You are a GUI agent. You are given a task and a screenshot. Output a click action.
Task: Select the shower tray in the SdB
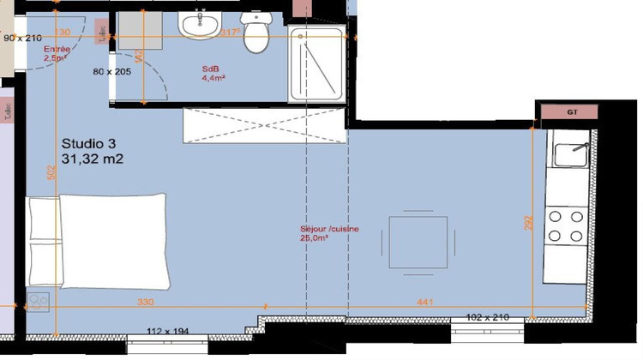(318, 65)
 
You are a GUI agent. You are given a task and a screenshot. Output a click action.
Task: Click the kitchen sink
(570, 154)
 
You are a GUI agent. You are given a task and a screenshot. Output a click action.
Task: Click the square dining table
(418, 242)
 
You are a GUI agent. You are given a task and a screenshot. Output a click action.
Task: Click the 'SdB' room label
(211, 68)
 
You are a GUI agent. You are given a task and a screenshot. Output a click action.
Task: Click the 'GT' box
(570, 112)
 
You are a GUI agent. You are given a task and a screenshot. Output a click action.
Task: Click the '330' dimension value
(146, 303)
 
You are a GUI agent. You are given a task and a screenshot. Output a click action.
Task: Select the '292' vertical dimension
(529, 222)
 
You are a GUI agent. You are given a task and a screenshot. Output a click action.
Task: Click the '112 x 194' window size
(166, 331)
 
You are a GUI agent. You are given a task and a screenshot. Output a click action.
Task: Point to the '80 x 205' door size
(111, 71)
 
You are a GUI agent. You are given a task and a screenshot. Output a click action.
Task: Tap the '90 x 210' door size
(22, 38)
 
